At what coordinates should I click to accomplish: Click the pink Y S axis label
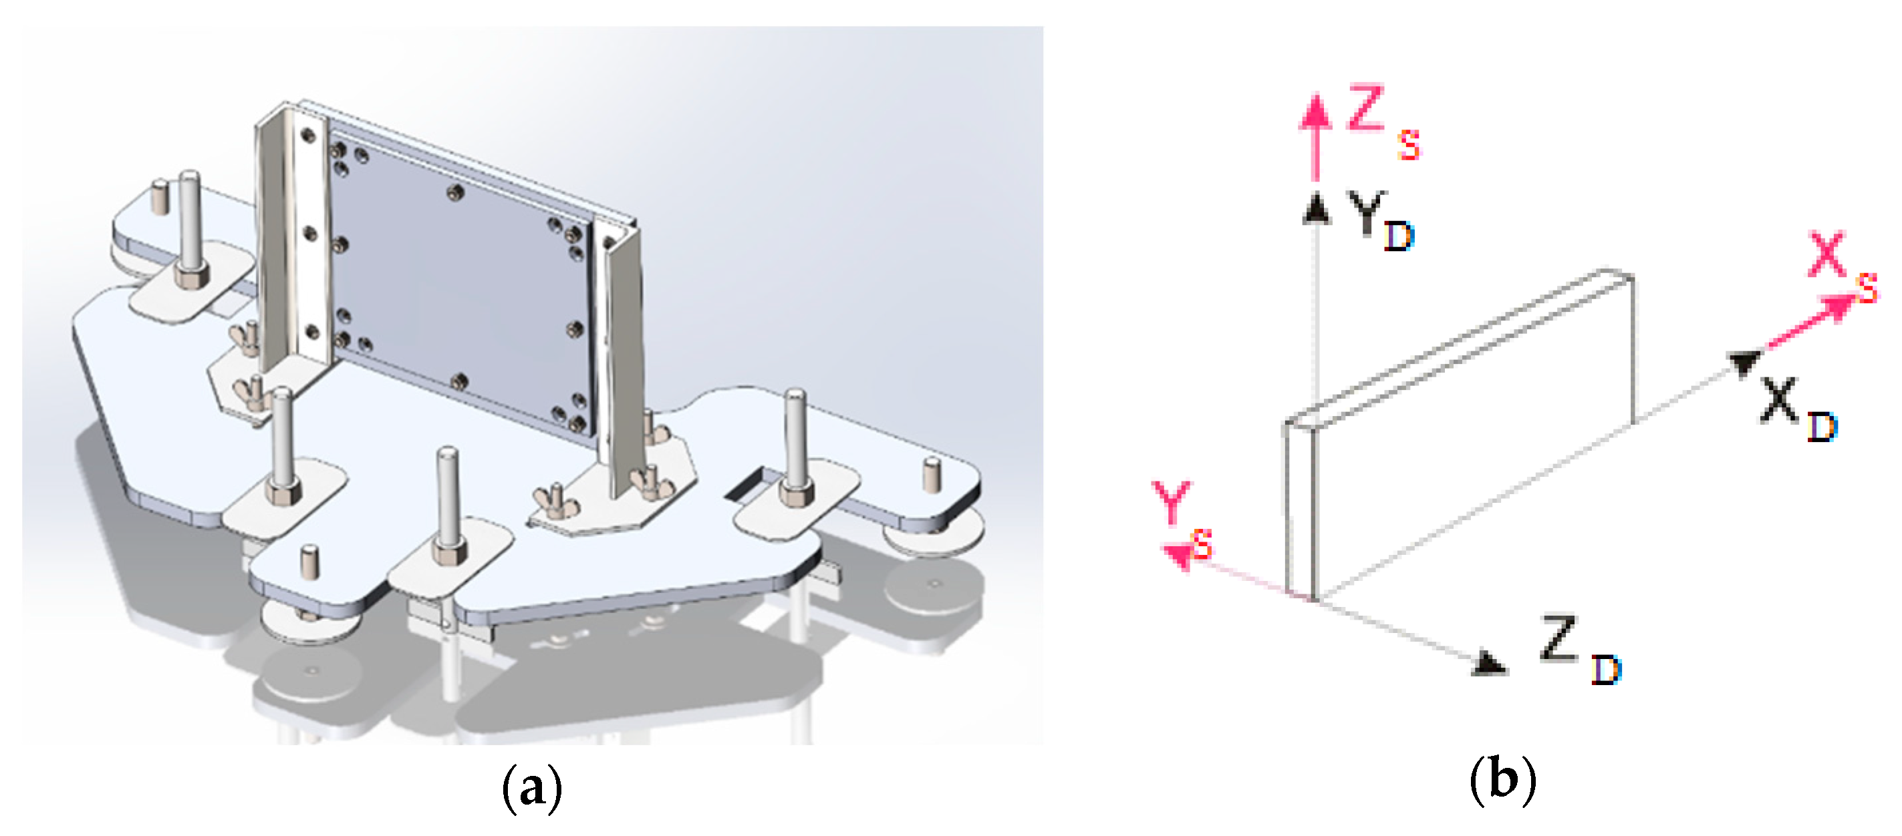[x=1182, y=517]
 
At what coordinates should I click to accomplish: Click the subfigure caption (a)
[x=531, y=788]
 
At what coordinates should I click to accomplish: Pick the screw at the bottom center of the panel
[x=459, y=381]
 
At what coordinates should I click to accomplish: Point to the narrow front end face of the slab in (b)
[x=1299, y=509]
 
